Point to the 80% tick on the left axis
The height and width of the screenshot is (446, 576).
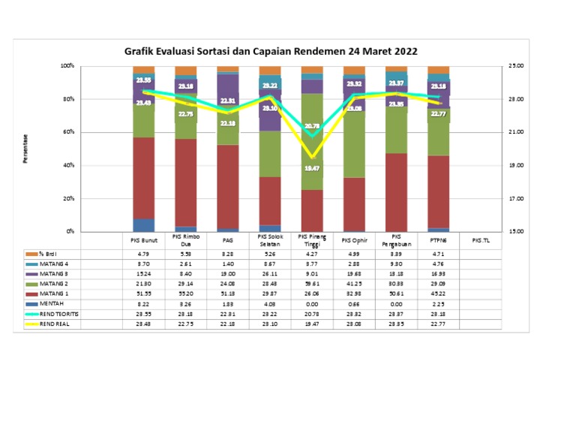(x=68, y=99)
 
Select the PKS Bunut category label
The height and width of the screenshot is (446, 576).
(x=144, y=240)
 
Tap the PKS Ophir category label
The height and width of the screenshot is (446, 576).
(x=354, y=240)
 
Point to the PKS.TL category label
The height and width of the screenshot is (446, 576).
(x=481, y=240)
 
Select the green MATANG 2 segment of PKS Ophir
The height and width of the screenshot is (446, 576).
(x=354, y=143)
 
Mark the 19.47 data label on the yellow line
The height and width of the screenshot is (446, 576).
(x=312, y=168)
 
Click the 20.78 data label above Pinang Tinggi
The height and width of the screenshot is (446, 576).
(x=312, y=126)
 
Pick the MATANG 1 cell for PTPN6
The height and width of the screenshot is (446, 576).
(x=439, y=294)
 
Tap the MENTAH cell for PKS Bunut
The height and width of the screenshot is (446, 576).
(x=144, y=303)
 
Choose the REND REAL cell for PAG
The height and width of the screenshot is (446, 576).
(x=228, y=323)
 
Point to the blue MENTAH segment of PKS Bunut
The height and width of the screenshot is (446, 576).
(x=144, y=225)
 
